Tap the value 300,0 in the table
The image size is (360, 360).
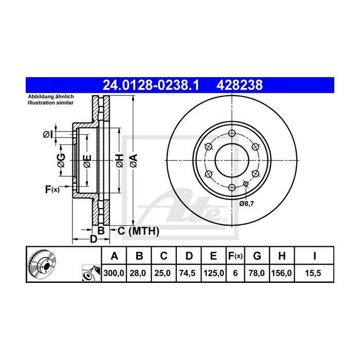(x=115, y=275)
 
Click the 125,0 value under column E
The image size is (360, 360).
(x=213, y=275)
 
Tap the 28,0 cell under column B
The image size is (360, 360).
(x=139, y=275)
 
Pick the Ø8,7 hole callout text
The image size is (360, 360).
(x=247, y=203)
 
